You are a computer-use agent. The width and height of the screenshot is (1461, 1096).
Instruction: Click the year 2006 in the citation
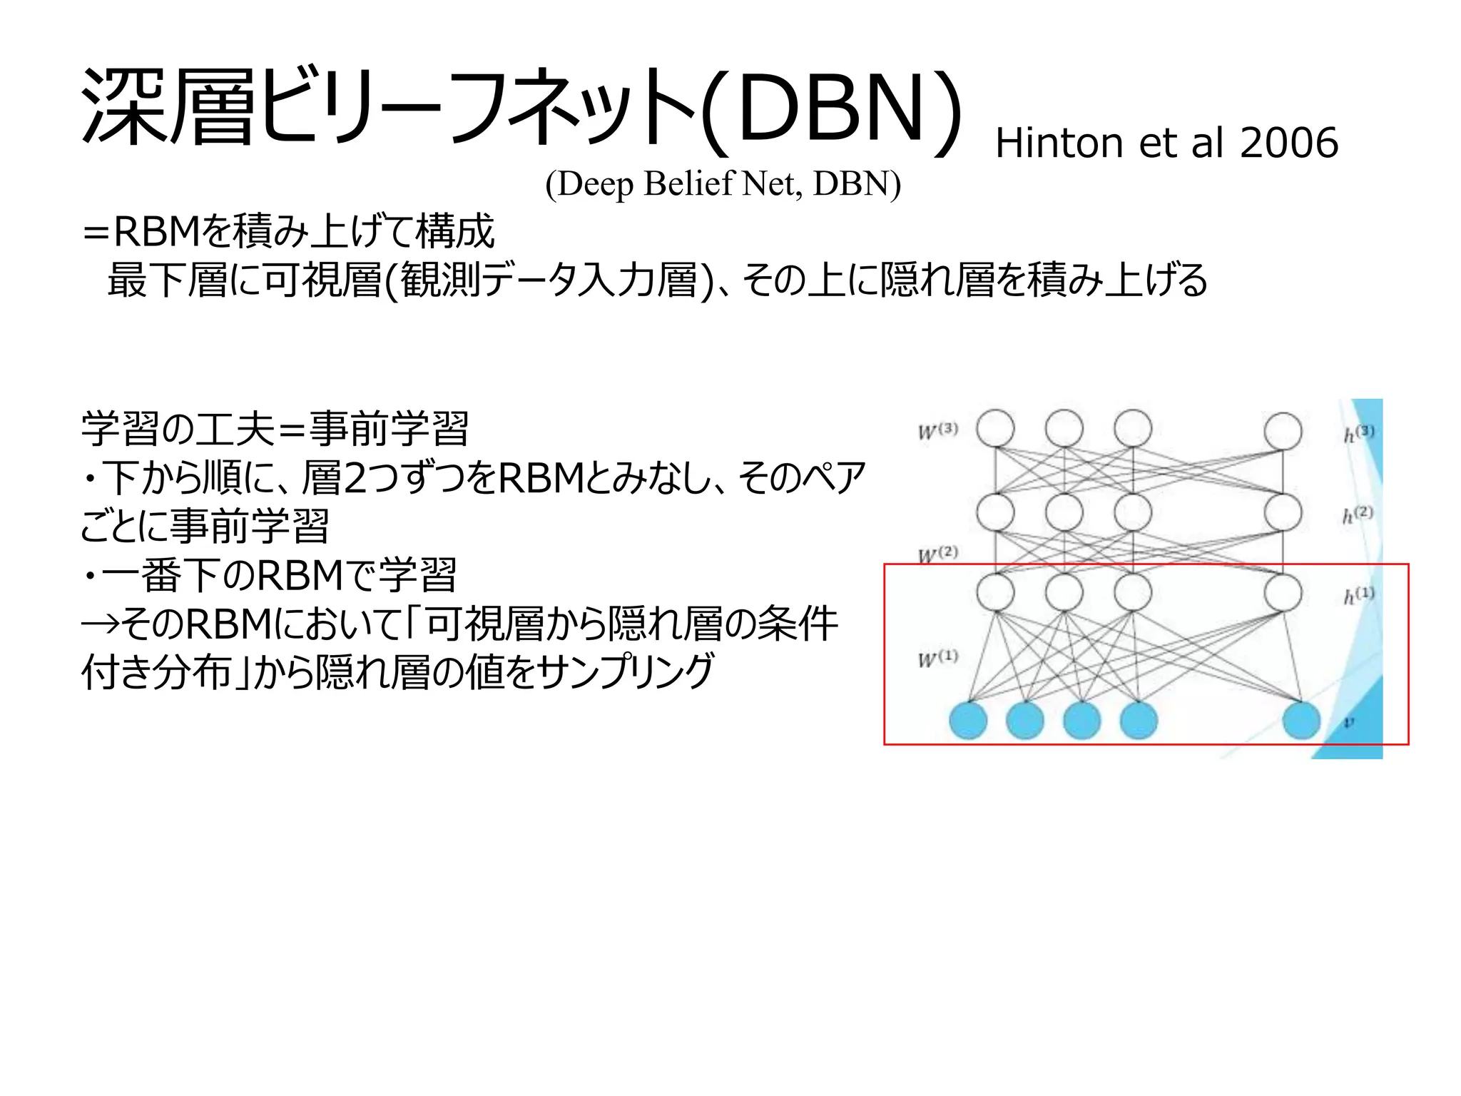[x=1288, y=143]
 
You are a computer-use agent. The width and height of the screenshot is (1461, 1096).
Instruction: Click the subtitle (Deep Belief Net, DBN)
[x=723, y=184]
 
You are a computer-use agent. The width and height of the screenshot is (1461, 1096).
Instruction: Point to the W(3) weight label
[x=937, y=431]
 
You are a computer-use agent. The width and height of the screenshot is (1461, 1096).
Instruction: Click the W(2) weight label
[x=937, y=554]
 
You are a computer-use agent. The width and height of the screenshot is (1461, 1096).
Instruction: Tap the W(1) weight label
[x=937, y=658]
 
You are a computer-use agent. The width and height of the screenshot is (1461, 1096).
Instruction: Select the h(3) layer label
[x=1358, y=433]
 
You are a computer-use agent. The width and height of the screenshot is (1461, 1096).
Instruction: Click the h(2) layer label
[x=1358, y=514]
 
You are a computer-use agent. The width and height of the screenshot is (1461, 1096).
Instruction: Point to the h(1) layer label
[x=1358, y=595]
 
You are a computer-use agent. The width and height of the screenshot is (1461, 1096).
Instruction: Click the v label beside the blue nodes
[x=1348, y=722]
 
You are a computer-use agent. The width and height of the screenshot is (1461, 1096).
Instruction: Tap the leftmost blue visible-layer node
[x=968, y=720]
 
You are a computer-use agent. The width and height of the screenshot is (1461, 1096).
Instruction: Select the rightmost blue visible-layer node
[x=1301, y=720]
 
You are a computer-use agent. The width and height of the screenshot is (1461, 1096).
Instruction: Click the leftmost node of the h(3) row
[x=995, y=429]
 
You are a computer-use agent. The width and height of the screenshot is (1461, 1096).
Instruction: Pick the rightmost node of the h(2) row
[x=1283, y=512]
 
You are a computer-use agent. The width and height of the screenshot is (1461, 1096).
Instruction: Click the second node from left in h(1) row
[x=1064, y=592]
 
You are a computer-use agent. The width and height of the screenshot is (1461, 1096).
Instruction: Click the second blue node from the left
[x=1025, y=720]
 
